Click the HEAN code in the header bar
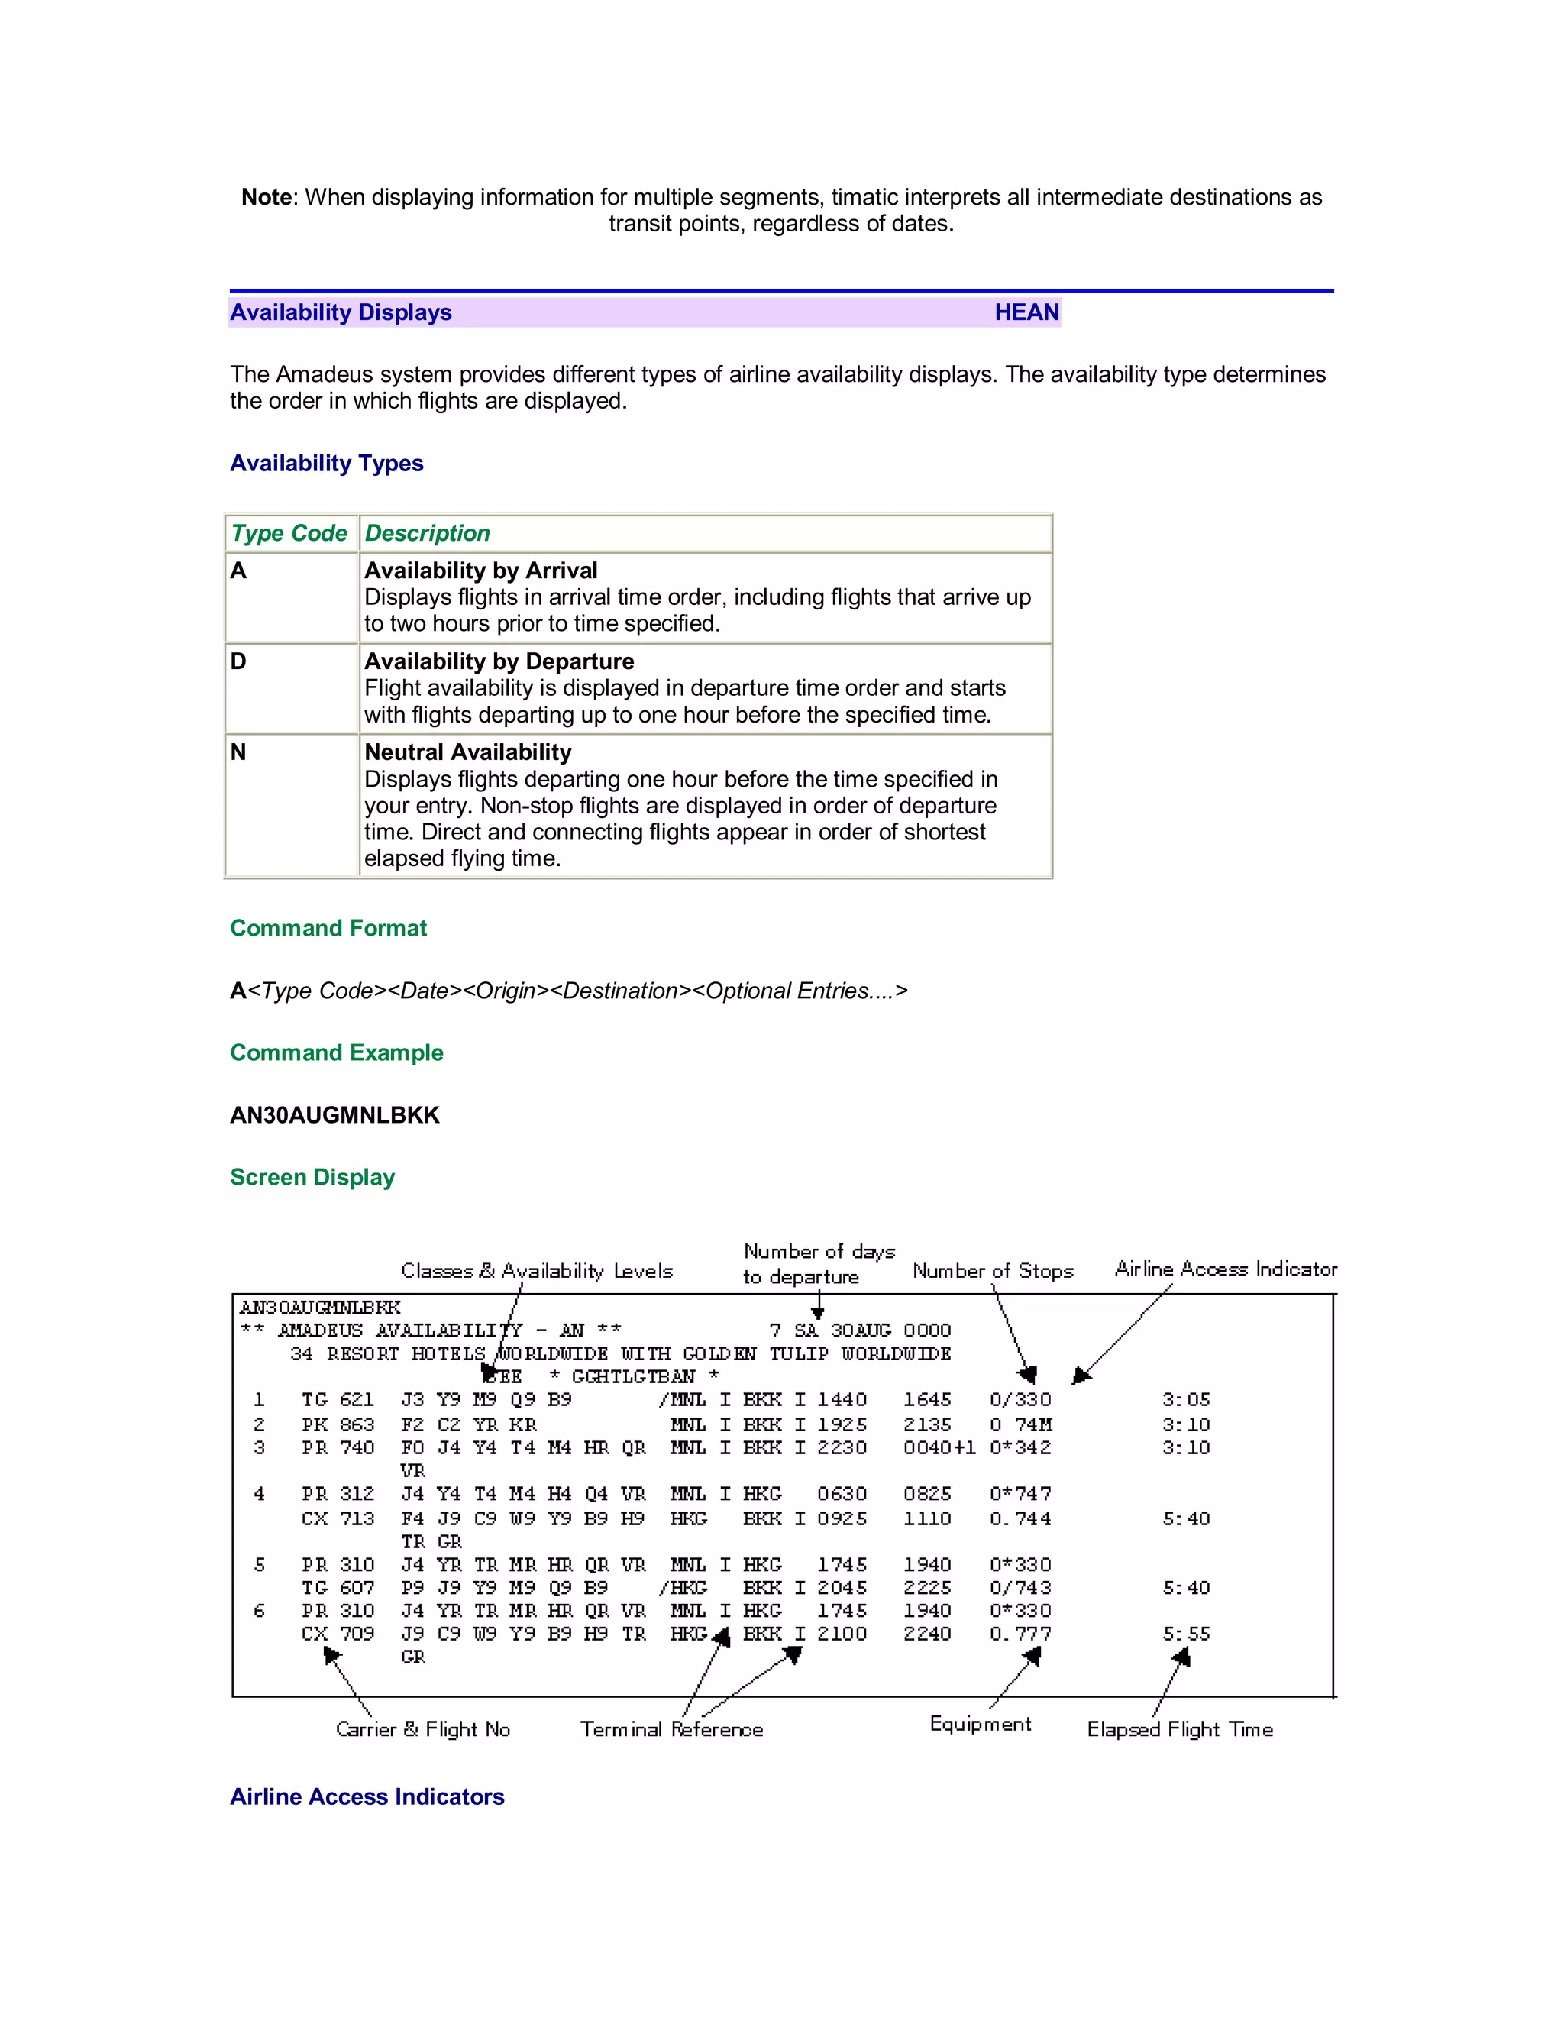click(x=1026, y=312)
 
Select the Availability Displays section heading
click(x=340, y=312)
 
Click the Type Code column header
click(x=289, y=533)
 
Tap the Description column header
click(x=427, y=533)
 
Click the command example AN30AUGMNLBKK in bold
click(x=334, y=1115)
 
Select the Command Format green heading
click(x=328, y=928)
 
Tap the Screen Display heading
click(x=312, y=1177)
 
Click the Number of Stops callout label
click(x=992, y=1271)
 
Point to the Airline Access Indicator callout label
click(x=1225, y=1269)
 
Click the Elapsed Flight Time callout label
click(x=1179, y=1729)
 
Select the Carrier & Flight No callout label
click(x=422, y=1729)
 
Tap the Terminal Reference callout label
click(x=671, y=1729)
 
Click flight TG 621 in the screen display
click(x=338, y=1399)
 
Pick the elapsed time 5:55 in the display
click(x=1186, y=1634)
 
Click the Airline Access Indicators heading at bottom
click(x=367, y=1797)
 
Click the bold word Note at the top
click(x=266, y=197)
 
